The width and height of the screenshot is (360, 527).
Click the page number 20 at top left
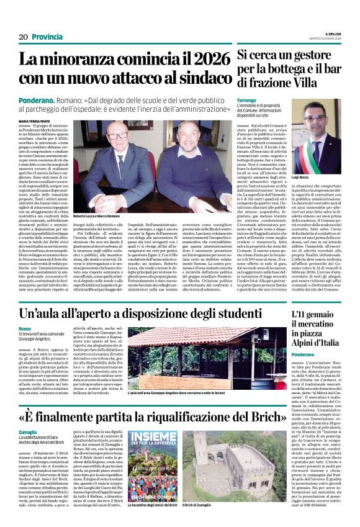pyautogui.click(x=24, y=37)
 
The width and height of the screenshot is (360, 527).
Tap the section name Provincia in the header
pyautogui.click(x=46, y=37)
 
